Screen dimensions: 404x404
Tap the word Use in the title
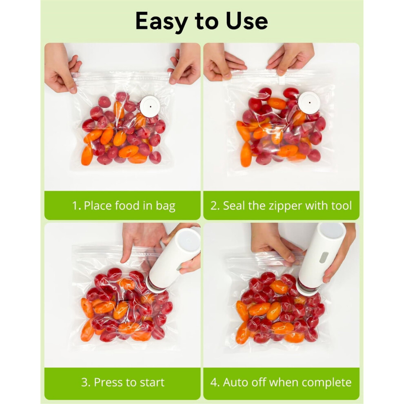point(247,21)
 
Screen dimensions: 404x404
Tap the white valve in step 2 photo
point(309,102)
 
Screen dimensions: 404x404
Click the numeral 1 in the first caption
point(75,206)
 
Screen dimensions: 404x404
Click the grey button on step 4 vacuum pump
point(324,257)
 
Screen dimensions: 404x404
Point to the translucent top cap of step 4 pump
point(332,231)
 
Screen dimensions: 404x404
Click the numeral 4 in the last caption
point(213,382)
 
